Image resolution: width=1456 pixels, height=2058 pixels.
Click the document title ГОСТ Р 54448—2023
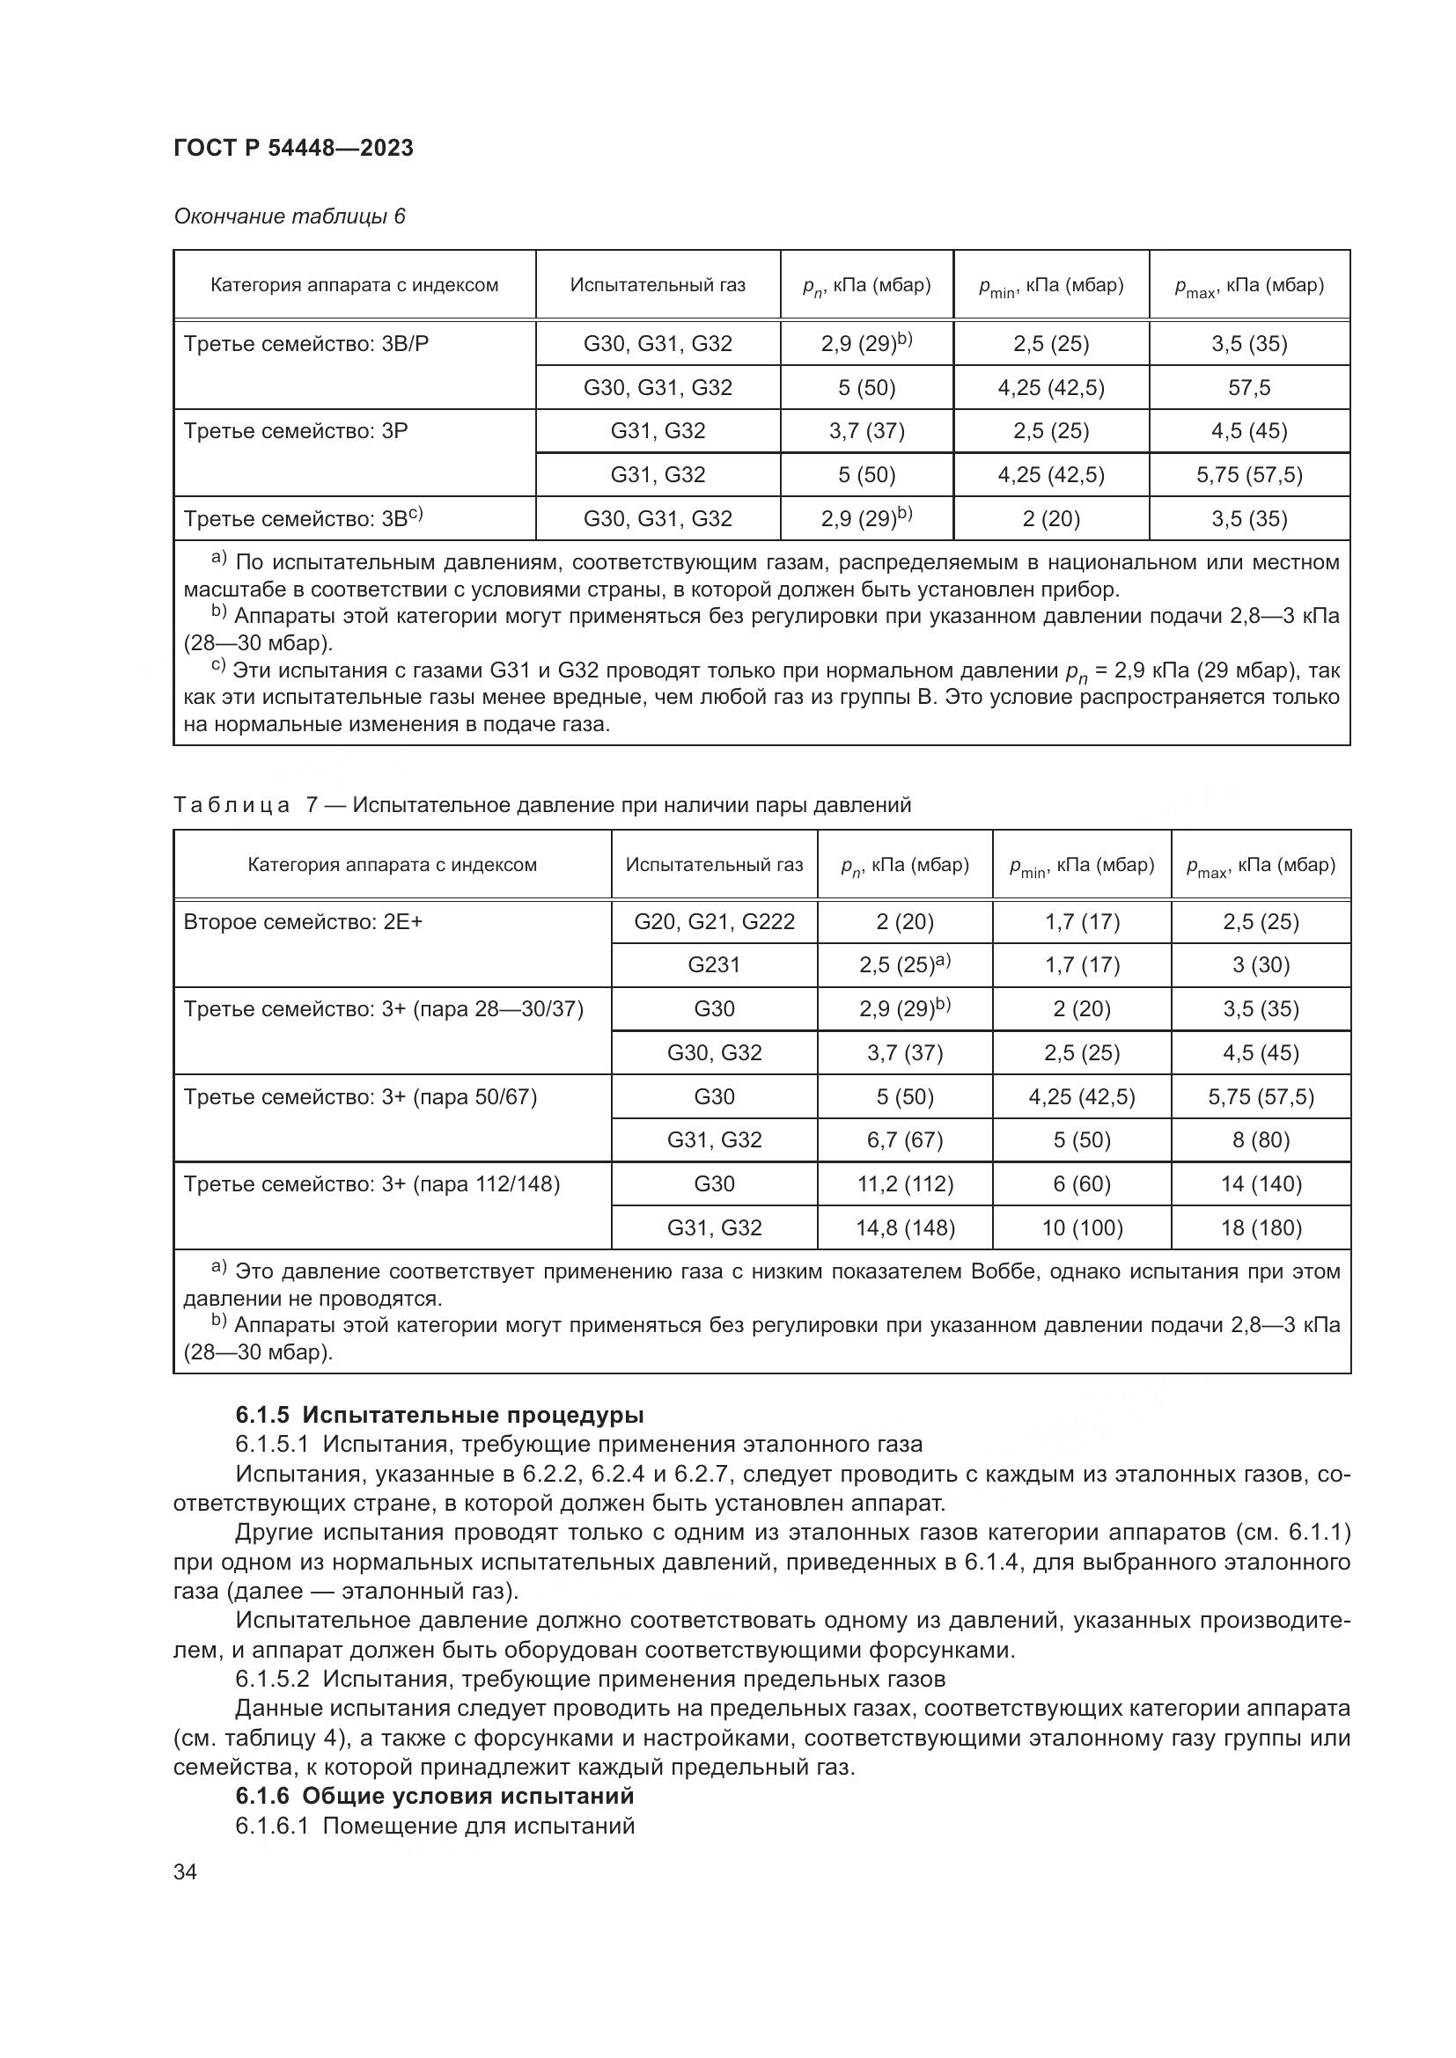coord(293,148)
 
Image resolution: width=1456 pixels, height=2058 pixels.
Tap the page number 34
coord(185,1871)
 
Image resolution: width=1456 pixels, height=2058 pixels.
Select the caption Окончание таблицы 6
coord(289,216)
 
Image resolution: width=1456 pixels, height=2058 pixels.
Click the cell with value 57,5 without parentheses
coord(1249,387)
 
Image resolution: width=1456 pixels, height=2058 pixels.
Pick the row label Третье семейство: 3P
coord(296,431)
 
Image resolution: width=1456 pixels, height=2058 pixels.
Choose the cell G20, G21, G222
coord(714,921)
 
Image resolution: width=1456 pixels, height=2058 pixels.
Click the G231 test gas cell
coord(714,964)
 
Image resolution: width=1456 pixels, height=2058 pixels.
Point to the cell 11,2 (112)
coord(905,1184)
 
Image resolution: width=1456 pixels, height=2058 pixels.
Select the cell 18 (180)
coord(1261,1228)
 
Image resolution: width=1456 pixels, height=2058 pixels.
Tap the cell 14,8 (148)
coord(905,1228)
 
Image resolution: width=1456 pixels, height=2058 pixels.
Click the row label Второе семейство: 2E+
coord(303,921)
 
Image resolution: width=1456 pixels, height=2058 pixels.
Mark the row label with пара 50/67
coord(360,1097)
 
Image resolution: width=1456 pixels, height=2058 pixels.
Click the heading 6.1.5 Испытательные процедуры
coord(439,1416)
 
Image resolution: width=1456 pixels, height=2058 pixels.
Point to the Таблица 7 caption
coord(541,805)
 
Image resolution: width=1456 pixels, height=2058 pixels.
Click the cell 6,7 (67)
coord(905,1140)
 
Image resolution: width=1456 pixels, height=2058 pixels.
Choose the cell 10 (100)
coord(1081,1228)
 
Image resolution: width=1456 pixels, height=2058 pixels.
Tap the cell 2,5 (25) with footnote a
coord(905,964)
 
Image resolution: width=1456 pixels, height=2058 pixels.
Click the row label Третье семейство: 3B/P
coord(306,344)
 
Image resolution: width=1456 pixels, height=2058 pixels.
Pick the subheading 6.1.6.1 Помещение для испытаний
coord(435,1826)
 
